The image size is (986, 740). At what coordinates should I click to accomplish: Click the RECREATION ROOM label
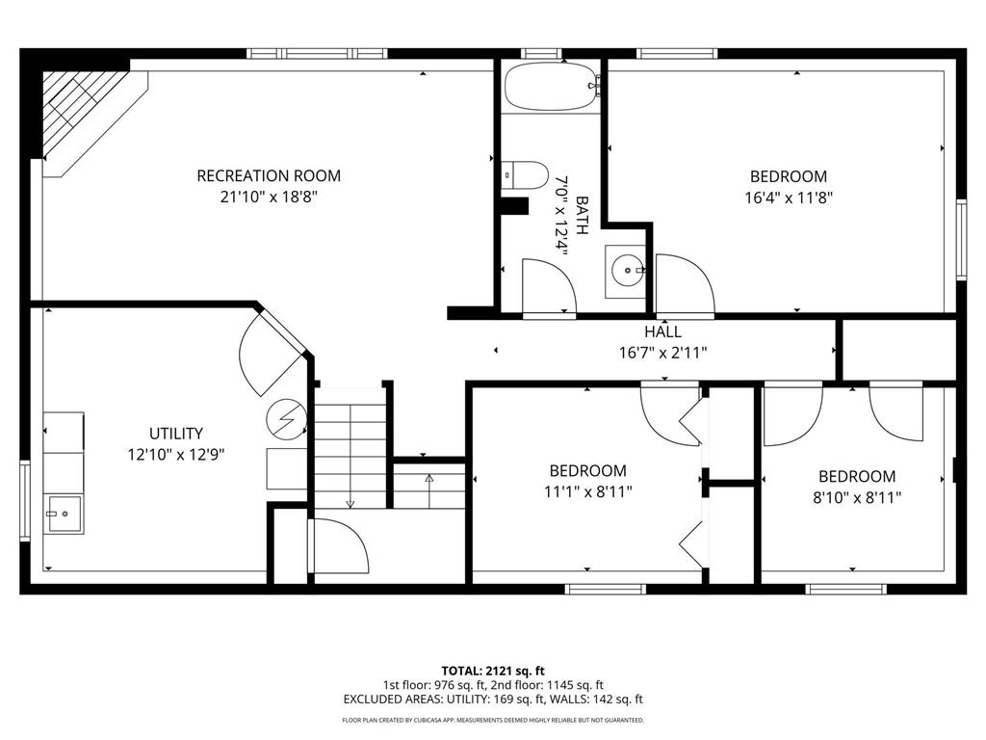(268, 175)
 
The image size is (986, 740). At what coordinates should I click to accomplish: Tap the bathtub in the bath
(550, 88)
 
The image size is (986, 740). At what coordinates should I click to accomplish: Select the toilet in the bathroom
(525, 175)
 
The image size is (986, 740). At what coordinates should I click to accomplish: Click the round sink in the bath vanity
(626, 271)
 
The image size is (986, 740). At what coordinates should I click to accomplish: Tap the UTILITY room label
(175, 434)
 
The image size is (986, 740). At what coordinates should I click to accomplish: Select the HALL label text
(663, 331)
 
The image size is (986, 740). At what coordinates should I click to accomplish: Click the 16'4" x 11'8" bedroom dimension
(789, 198)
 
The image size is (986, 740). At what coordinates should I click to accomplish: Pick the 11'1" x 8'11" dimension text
(587, 491)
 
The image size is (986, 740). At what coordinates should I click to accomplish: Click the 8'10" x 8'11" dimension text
(857, 497)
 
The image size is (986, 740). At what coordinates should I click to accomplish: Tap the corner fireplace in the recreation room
(85, 111)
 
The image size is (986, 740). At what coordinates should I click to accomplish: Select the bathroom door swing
(546, 286)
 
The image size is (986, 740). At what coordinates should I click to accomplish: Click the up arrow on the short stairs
(429, 479)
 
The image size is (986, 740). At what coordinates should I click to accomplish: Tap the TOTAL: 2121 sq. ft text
(493, 671)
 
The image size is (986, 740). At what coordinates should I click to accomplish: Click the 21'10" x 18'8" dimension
(268, 197)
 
